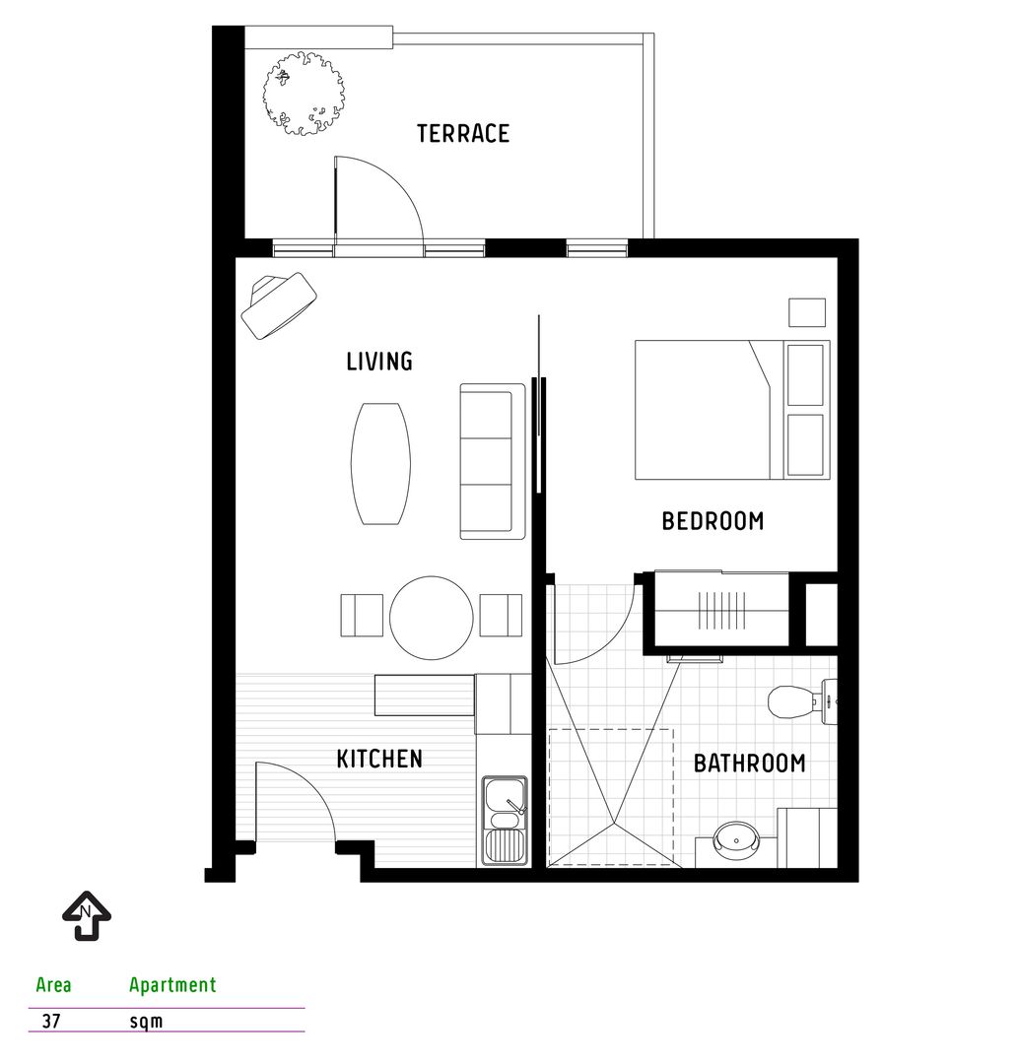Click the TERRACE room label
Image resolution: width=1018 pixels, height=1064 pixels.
pyautogui.click(x=463, y=134)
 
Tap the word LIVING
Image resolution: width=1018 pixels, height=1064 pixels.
pyautogui.click(x=379, y=361)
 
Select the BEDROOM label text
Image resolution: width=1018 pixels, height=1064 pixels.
pyautogui.click(x=713, y=521)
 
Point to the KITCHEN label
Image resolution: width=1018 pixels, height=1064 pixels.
pyautogui.click(x=379, y=759)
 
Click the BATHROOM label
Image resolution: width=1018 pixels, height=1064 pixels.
pyautogui.click(x=749, y=764)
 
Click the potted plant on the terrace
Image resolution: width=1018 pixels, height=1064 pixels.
pyautogui.click(x=304, y=94)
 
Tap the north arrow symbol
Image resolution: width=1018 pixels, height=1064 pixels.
pyautogui.click(x=87, y=915)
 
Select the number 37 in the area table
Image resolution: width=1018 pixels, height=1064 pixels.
pyautogui.click(x=51, y=1021)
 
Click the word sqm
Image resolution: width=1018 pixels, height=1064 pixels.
pyautogui.click(x=146, y=1022)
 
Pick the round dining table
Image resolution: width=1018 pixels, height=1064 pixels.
pyautogui.click(x=431, y=618)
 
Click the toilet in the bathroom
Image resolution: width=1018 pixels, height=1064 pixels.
pyautogui.click(x=802, y=701)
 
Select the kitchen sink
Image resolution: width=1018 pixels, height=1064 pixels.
pyautogui.click(x=505, y=821)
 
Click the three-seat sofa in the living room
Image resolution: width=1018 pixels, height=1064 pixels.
pyautogui.click(x=493, y=461)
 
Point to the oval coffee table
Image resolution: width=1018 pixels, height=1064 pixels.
pyautogui.click(x=380, y=463)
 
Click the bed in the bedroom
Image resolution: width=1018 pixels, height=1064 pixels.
pyautogui.click(x=732, y=410)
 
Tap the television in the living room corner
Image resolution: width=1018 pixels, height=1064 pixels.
pyautogui.click(x=278, y=304)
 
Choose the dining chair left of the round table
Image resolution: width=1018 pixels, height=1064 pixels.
pyautogui.click(x=362, y=616)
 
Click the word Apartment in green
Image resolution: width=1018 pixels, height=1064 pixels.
pyautogui.click(x=172, y=984)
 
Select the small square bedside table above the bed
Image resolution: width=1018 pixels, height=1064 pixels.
pyautogui.click(x=807, y=313)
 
